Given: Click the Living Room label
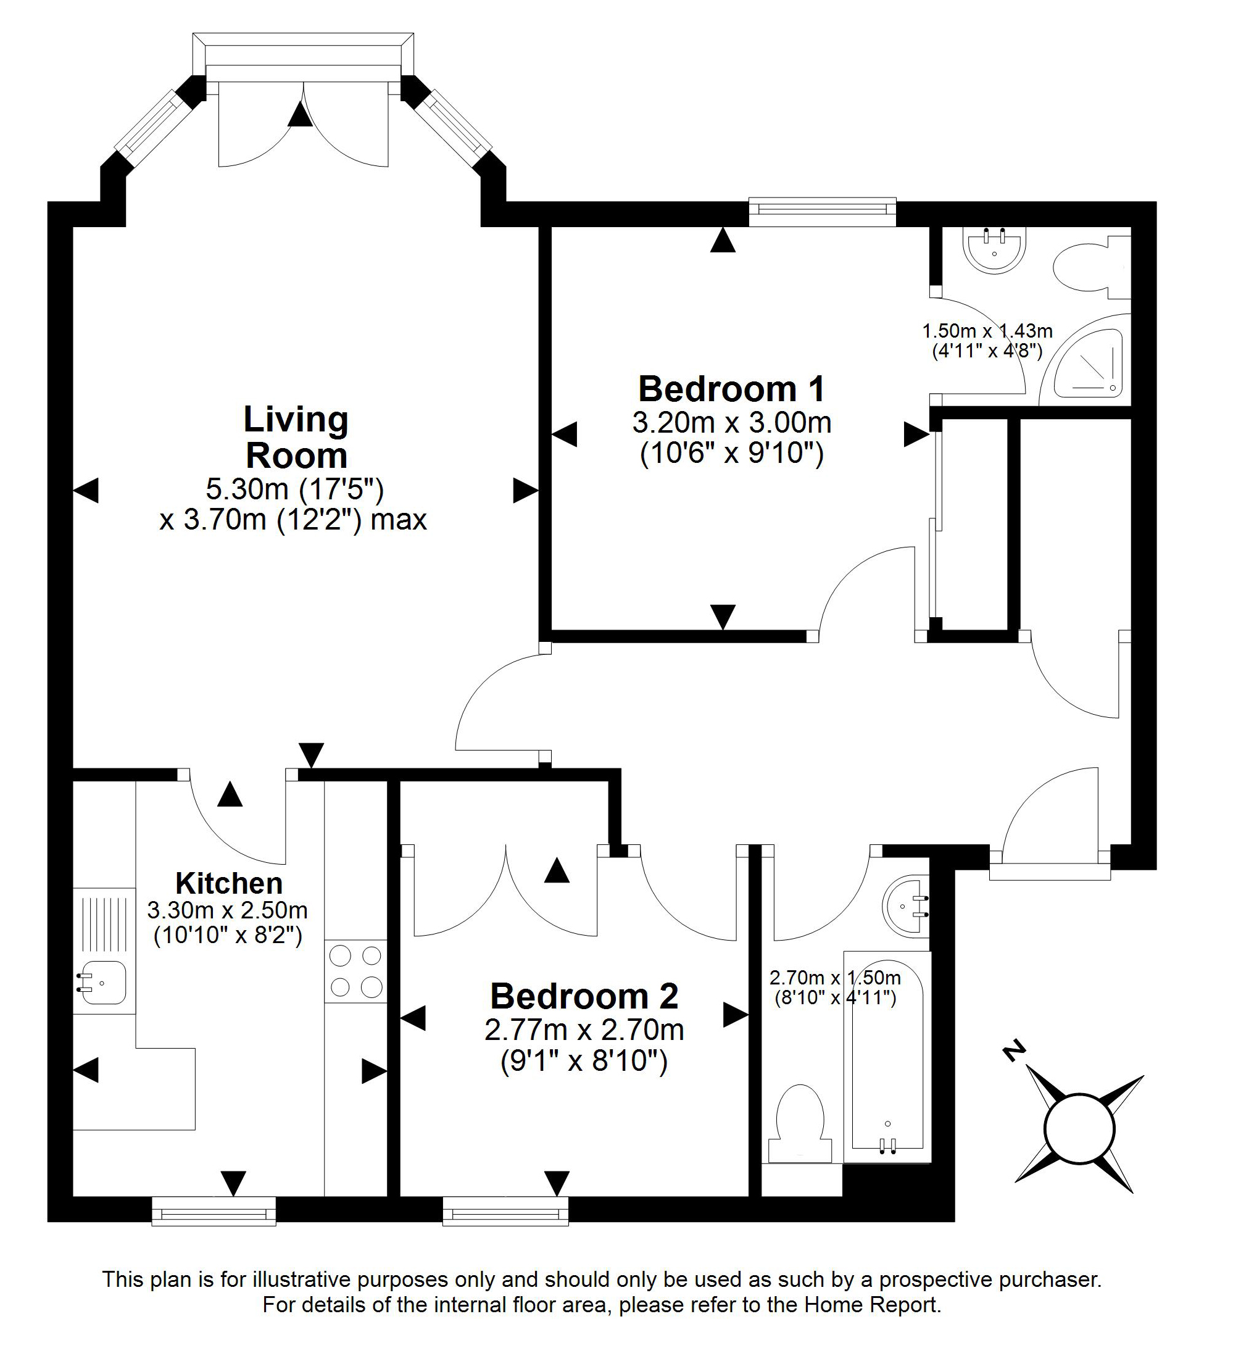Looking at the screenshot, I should pos(296,437).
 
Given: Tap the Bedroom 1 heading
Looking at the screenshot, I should pos(731,389).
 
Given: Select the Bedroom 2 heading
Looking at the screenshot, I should pos(584,996).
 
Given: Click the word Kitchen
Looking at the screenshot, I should pos(229,883).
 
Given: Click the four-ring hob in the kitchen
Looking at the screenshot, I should pos(356,971).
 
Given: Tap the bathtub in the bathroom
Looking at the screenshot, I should pos(887,1056).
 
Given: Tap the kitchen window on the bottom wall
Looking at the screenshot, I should pos(214,1211).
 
